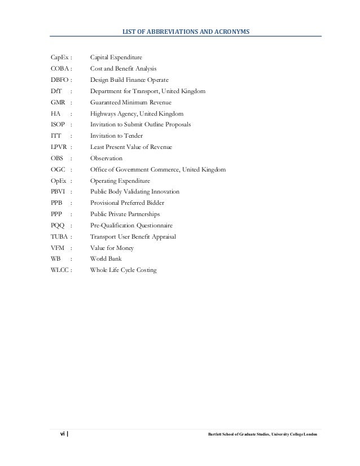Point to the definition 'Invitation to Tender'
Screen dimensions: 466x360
[x=116, y=136]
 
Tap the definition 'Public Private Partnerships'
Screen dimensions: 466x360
[x=125, y=214]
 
